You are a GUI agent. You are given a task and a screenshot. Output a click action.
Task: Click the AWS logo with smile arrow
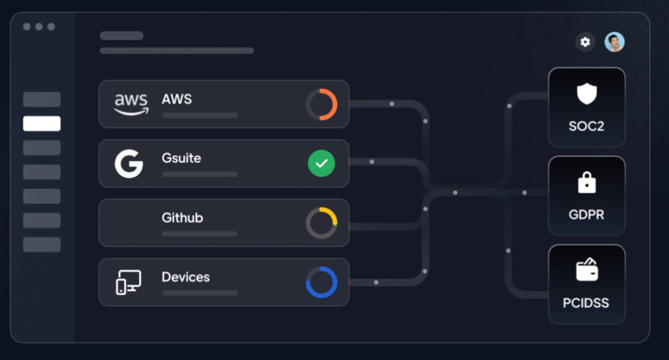coord(131,104)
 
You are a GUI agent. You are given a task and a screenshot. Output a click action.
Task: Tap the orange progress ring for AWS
coord(321,105)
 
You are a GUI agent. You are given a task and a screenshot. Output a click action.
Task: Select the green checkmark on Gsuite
coord(321,163)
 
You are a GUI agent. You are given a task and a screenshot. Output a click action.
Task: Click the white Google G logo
coord(129,163)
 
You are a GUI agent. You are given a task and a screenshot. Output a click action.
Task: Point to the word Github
coord(182,217)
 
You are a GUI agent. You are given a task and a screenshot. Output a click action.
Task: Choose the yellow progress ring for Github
coord(321,223)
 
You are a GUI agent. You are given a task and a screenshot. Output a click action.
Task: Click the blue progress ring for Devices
coord(321,282)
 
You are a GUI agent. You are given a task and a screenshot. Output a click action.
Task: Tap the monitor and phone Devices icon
coord(128,282)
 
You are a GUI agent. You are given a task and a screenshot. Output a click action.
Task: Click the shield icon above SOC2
coord(587,94)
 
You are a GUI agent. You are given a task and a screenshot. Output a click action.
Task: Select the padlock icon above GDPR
coord(587,182)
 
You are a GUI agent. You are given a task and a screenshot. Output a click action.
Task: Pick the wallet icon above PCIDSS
coord(587,270)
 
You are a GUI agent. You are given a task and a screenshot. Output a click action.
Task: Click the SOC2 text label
coord(586,126)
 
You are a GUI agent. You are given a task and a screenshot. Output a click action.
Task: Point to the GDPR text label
coord(586,214)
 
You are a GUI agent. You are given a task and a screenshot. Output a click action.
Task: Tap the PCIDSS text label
coord(586,303)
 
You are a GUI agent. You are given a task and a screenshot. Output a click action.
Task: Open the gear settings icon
coord(585,42)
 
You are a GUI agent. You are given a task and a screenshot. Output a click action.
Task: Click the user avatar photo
coord(614,42)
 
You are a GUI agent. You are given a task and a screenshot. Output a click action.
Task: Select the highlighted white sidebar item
coord(42,123)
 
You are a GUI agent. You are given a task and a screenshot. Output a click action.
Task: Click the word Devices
coord(186,277)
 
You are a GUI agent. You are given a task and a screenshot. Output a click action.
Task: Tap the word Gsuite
coord(181,158)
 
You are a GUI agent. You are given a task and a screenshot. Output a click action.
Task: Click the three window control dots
coord(39,27)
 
